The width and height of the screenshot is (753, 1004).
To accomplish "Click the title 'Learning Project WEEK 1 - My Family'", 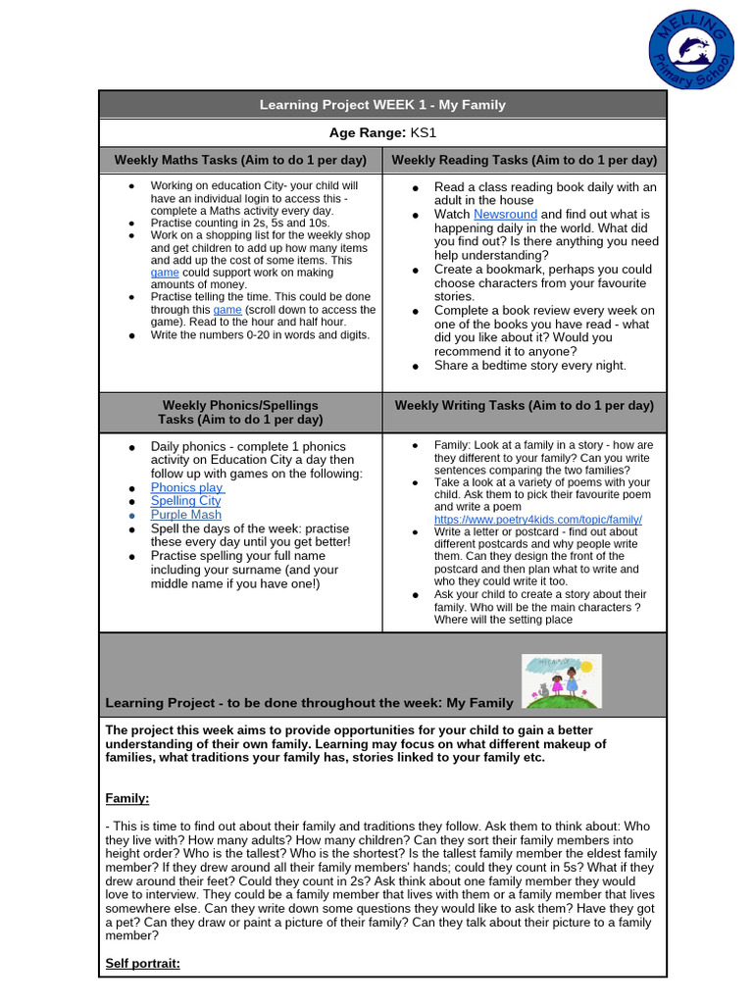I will (x=382, y=105).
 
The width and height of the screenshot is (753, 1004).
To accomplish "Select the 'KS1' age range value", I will (x=423, y=132).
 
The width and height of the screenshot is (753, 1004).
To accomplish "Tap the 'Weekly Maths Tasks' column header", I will (x=240, y=160).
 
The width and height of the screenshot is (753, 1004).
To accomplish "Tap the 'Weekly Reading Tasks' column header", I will (x=524, y=160).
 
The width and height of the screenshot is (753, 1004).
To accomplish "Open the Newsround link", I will (x=505, y=214).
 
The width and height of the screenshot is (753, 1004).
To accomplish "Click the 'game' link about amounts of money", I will (x=165, y=274).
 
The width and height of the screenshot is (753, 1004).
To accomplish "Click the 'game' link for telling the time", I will (x=227, y=310).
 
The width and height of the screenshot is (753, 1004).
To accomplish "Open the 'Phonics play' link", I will (x=186, y=487).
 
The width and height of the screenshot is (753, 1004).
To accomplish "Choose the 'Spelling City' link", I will (x=185, y=501).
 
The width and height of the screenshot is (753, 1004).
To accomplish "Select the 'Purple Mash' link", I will (x=185, y=515).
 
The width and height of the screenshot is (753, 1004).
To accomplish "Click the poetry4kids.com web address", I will (x=537, y=519).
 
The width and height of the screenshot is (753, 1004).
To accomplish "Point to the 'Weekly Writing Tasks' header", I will (x=524, y=405).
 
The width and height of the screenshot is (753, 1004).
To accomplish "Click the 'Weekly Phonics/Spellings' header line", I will (x=240, y=405).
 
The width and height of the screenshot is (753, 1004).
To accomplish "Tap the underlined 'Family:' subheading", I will (x=127, y=799).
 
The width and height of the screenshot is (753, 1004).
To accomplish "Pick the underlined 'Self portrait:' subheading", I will (x=143, y=964).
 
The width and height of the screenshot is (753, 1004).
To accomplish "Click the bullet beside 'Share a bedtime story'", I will (x=416, y=366).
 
